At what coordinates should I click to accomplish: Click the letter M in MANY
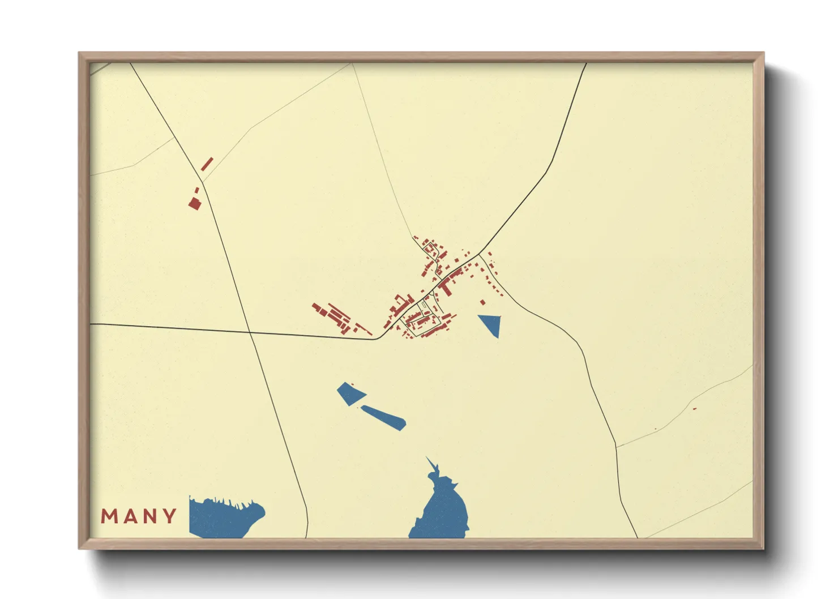(x=109, y=516)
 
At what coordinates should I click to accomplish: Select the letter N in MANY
(x=151, y=516)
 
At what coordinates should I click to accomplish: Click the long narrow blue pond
(x=384, y=417)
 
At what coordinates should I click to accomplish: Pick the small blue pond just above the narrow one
(x=350, y=393)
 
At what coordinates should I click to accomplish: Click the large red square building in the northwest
(x=195, y=203)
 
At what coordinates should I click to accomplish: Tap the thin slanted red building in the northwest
(x=207, y=164)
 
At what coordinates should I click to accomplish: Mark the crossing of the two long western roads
(x=249, y=332)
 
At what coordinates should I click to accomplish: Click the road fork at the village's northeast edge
(x=480, y=254)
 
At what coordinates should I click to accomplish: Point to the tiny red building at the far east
(x=695, y=409)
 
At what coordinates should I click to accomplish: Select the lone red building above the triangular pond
(x=482, y=302)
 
